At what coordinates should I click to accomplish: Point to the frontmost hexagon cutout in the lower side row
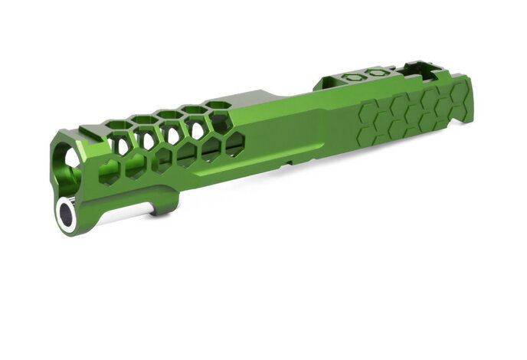click(110, 172)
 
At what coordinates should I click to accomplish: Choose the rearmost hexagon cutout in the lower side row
click(234, 142)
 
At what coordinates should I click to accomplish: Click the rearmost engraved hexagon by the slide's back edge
click(460, 95)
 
